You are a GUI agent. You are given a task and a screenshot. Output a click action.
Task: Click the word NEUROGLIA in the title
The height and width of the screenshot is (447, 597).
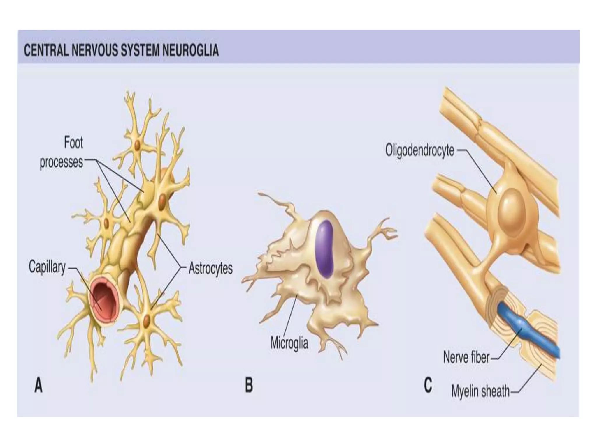(x=190, y=50)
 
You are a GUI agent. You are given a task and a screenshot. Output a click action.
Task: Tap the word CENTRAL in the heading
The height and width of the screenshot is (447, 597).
(x=46, y=50)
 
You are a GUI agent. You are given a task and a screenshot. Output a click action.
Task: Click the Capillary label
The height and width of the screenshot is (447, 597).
(x=47, y=267)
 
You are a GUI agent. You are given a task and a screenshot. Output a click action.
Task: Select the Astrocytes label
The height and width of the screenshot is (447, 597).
(x=210, y=268)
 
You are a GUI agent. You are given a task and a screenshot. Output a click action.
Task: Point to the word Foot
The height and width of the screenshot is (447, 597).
(x=73, y=143)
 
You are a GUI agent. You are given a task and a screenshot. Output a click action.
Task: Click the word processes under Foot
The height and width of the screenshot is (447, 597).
(x=61, y=162)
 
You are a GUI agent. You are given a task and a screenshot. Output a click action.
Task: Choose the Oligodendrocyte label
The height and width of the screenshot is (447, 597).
(x=419, y=151)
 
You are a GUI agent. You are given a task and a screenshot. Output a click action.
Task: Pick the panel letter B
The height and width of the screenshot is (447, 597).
(x=249, y=385)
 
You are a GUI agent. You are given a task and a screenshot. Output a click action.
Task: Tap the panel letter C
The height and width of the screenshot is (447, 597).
(x=428, y=386)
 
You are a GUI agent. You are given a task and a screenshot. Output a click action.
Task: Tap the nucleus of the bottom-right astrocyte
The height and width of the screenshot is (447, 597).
(x=147, y=320)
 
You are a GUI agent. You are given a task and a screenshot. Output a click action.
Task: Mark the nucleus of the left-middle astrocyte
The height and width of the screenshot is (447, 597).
(x=106, y=223)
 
